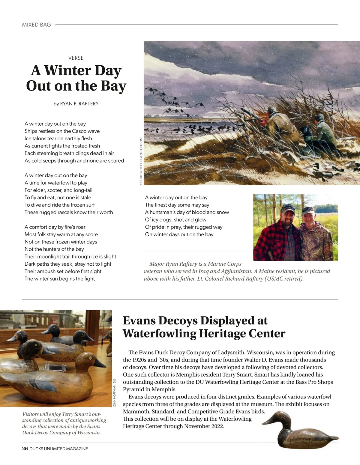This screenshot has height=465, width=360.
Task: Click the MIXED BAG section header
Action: [x=36, y=25]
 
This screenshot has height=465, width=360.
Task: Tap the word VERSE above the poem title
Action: [x=76, y=58]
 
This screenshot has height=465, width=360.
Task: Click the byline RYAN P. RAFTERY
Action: [x=79, y=104]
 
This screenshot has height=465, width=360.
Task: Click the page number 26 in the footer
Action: [x=25, y=449]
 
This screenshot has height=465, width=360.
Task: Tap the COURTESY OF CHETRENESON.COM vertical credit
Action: [x=141, y=161]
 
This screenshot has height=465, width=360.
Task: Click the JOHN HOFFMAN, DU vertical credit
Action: [x=115, y=393]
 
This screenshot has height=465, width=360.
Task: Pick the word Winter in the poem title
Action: [x=68, y=71]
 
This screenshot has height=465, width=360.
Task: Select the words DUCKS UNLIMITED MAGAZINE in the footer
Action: [x=59, y=449]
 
